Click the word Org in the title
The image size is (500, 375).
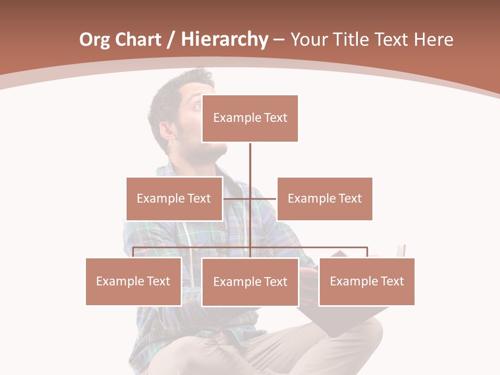coord(95,40)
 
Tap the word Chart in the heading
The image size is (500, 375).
coord(137,40)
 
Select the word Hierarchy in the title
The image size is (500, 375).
coord(224,40)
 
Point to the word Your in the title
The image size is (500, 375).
coord(308,40)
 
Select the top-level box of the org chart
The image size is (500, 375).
coord(250,118)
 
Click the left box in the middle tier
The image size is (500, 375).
coord(174,198)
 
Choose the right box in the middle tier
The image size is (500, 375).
coord(324,198)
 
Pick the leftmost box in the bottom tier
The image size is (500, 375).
coord(133,281)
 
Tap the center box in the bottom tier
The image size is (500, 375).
coord(250,282)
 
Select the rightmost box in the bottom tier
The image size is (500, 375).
coord(367,281)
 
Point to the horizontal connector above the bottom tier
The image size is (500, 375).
coord(312,247)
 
